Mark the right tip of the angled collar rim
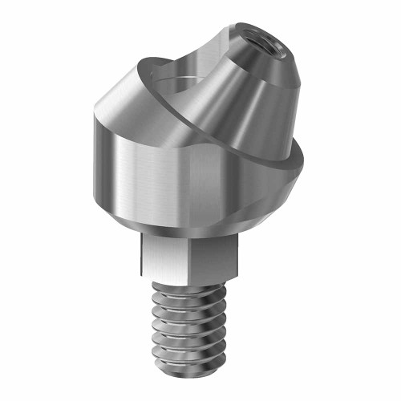point(309,152)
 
